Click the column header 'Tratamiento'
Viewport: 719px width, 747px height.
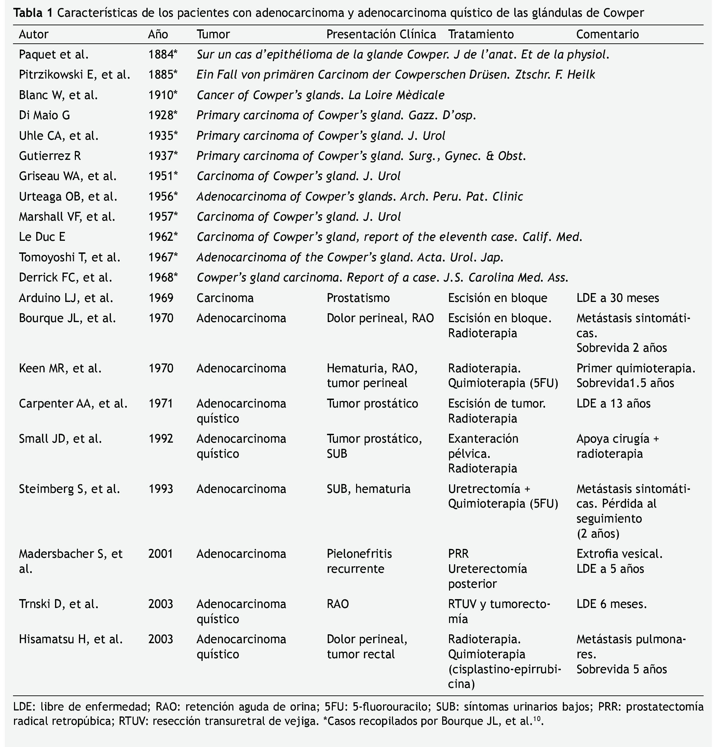481,34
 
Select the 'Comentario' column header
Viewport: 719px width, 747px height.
607,34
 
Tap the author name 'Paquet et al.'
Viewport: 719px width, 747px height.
54,55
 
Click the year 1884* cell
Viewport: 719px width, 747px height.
163,55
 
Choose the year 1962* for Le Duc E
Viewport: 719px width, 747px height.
163,237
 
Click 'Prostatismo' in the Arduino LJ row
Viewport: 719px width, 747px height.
358,298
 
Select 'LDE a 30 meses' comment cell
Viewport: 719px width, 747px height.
618,298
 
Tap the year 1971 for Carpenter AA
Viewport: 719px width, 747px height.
161,403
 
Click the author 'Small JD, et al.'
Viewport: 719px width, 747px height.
60,439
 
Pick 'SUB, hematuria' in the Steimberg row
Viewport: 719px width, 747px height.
368,488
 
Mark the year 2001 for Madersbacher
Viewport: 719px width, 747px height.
161,553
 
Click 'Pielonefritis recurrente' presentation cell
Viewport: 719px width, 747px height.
359,561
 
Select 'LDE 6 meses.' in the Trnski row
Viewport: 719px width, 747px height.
611,604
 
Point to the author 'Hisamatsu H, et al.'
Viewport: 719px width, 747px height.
71,639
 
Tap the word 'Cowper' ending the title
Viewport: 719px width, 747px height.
624,13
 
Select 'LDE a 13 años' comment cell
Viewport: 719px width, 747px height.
613,403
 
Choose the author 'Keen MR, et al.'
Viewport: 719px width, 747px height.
60,368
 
